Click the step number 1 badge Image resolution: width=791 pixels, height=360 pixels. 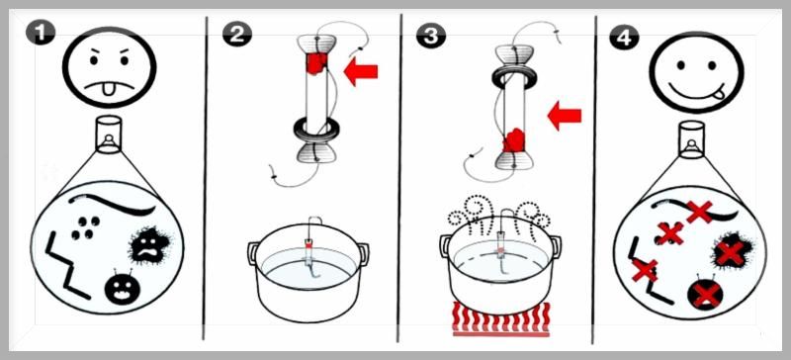[x=41, y=33]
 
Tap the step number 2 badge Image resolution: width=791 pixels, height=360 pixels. [x=237, y=34]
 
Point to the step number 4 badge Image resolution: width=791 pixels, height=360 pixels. [x=625, y=36]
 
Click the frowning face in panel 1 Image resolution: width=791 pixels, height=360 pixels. [x=110, y=67]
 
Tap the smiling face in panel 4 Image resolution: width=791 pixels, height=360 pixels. [x=697, y=73]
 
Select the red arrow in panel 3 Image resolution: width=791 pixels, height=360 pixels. [x=565, y=116]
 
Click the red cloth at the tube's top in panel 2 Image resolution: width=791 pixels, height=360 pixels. [x=315, y=63]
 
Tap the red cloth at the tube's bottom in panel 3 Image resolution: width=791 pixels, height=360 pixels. [x=513, y=140]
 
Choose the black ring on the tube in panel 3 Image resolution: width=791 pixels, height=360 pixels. [x=514, y=77]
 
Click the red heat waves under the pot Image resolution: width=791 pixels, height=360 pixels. [x=501, y=318]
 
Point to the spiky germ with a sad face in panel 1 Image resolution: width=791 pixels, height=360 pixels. [x=150, y=245]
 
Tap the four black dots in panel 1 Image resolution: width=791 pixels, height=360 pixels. [x=86, y=227]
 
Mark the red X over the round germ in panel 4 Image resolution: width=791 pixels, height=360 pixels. [x=706, y=296]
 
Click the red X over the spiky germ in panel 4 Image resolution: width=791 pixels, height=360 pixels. [x=730, y=253]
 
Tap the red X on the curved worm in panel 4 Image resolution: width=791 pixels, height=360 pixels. [x=700, y=212]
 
